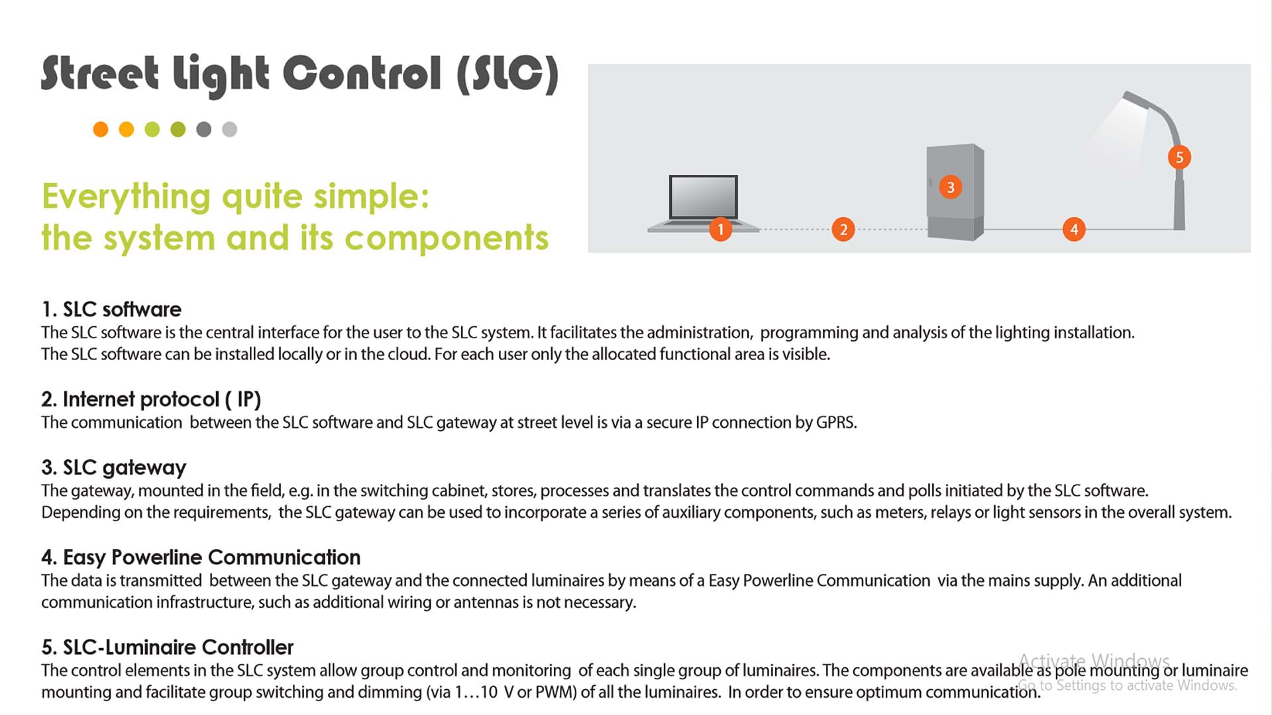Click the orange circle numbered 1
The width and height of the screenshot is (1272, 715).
coord(720,230)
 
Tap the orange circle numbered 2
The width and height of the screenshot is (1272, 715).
coord(843,230)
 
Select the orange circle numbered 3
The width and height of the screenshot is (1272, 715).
coord(950,187)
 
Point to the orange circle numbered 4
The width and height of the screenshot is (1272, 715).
coord(1074,230)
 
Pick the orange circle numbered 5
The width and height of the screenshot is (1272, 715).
coord(1179,158)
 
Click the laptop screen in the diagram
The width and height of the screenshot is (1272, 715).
coord(703,197)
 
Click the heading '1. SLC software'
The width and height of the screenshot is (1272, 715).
coord(111,309)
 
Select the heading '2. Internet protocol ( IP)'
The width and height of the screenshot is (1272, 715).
coord(151,399)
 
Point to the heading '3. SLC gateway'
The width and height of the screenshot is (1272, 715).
coord(114,467)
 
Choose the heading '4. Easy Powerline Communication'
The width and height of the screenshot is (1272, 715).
coord(201,557)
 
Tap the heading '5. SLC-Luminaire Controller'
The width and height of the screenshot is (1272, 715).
coord(168,647)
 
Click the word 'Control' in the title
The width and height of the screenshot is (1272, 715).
coord(362,73)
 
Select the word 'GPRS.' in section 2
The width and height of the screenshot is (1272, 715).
coord(836,422)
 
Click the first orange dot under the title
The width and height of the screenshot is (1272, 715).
coord(101,129)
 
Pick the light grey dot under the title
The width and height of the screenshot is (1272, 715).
coord(229,129)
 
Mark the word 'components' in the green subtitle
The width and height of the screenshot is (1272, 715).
coord(447,238)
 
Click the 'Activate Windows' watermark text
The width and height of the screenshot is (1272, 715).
coord(1094,661)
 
